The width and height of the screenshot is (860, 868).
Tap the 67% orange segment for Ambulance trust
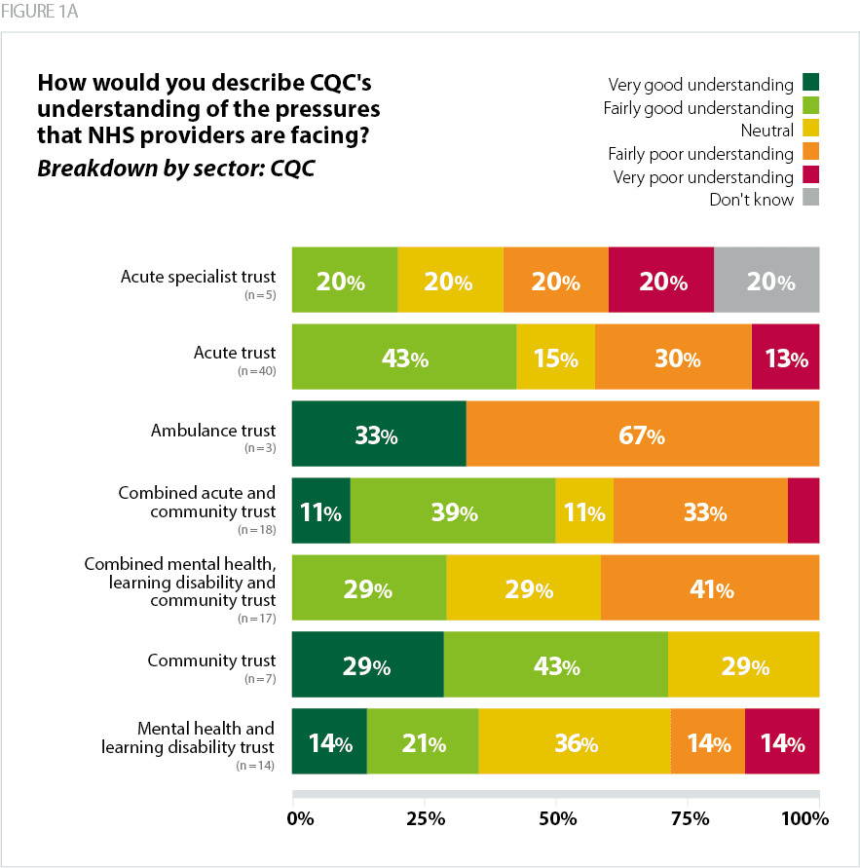click(643, 435)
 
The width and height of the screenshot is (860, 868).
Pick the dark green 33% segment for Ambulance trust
click(379, 435)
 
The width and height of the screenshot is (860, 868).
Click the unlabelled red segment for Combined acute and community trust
click(804, 511)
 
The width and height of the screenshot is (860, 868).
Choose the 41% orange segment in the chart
click(710, 588)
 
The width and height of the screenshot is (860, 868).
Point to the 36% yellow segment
click(575, 743)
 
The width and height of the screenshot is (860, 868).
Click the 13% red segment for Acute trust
click(785, 359)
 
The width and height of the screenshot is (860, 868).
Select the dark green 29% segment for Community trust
click(368, 666)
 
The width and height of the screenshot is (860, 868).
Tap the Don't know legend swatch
click(810, 199)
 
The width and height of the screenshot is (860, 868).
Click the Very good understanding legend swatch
click(810, 85)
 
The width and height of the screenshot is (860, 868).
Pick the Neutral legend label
click(767, 131)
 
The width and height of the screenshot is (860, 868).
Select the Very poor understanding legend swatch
click(810, 176)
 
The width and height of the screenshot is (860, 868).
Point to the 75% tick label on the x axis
click(689, 818)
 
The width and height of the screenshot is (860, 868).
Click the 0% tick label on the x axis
click(301, 818)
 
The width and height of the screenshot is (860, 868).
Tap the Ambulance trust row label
click(213, 430)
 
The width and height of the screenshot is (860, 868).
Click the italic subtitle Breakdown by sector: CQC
click(175, 168)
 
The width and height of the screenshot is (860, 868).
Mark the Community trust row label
click(211, 660)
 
